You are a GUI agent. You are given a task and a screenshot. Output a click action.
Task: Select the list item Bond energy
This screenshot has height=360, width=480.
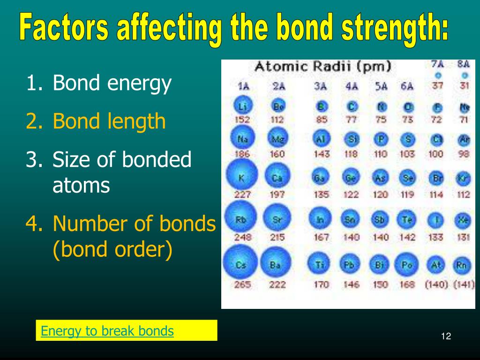coord(112,83)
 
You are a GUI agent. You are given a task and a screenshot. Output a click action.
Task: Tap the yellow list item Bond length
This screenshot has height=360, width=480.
coord(109,121)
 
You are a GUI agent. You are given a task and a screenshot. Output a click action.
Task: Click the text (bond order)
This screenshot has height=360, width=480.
coord(112,249)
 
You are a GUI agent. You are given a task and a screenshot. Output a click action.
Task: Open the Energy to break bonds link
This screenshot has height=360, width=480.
coord(107,331)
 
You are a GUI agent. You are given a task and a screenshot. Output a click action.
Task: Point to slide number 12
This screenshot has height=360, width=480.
coord(446,336)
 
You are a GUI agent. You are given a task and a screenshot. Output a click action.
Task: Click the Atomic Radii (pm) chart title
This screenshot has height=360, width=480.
coord(322,67)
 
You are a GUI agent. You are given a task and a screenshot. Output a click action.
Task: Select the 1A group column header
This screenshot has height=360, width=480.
coord(242,86)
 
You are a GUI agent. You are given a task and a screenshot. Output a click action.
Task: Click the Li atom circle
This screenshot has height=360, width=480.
coord(242,107)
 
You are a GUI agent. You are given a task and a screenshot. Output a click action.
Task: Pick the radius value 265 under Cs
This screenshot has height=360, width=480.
coord(242,285)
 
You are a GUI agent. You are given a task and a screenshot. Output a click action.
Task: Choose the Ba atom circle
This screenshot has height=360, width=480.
coord(276,265)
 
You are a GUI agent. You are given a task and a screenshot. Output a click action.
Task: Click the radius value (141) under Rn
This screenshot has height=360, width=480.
coord(464,285)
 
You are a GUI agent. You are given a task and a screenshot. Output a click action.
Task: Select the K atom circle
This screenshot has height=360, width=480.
coord(242,177)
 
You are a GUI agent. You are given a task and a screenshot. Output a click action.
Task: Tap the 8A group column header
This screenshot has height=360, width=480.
coord(463,64)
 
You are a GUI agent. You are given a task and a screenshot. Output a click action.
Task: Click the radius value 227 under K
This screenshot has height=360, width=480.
coord(242,195)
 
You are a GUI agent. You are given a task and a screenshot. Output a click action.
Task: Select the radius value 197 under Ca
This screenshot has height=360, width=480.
coord(277,195)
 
